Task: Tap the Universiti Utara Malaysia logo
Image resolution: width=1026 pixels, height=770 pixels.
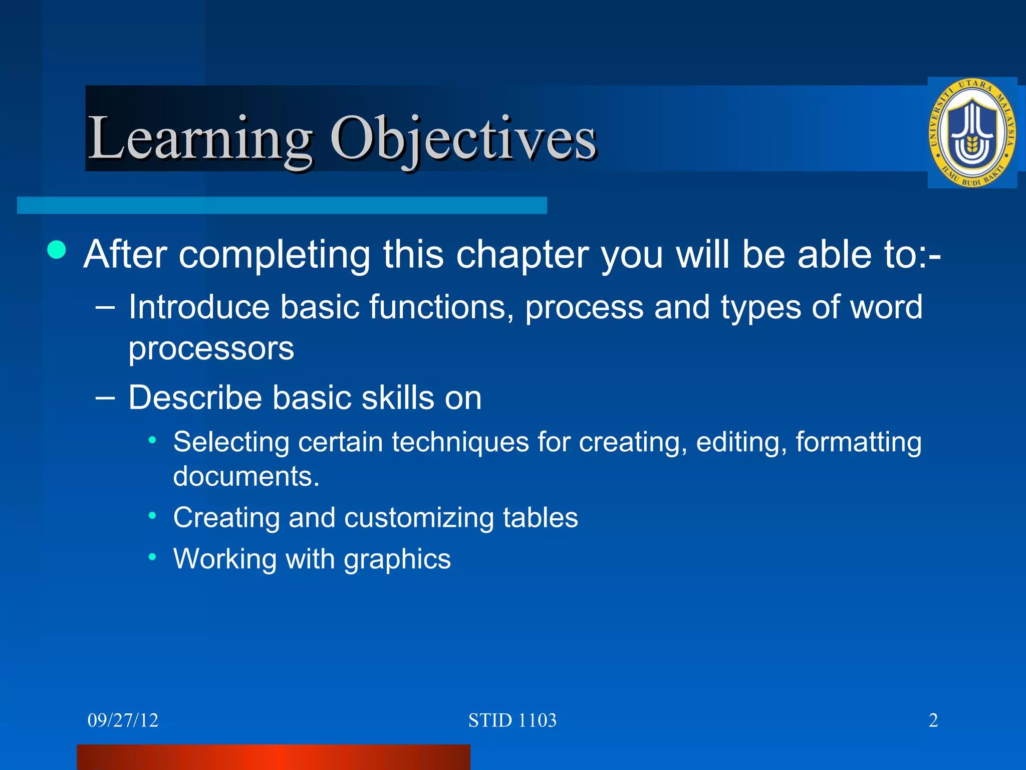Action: [x=972, y=133]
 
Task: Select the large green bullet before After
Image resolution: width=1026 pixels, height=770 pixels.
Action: [x=57, y=250]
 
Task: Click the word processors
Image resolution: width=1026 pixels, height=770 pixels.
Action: [x=211, y=349]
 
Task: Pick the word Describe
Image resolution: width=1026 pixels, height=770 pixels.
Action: [x=195, y=398]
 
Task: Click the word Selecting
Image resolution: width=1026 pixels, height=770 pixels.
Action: [x=231, y=442]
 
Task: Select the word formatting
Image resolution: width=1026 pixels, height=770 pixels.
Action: [x=858, y=442]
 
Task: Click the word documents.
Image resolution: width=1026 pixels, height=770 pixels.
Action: [x=245, y=476]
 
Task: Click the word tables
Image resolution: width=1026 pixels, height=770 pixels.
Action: [x=541, y=517]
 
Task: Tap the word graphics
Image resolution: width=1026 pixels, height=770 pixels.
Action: [x=397, y=559]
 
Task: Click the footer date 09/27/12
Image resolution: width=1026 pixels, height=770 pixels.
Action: [x=123, y=720]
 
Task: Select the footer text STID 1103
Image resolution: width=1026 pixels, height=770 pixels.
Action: [x=512, y=720]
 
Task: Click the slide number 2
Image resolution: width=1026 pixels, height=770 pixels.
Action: [x=933, y=720]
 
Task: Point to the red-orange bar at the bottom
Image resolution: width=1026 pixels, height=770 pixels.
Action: [x=273, y=757]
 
